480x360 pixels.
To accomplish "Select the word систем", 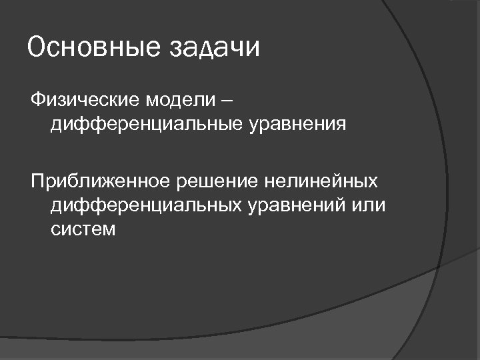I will tap(83, 229).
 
